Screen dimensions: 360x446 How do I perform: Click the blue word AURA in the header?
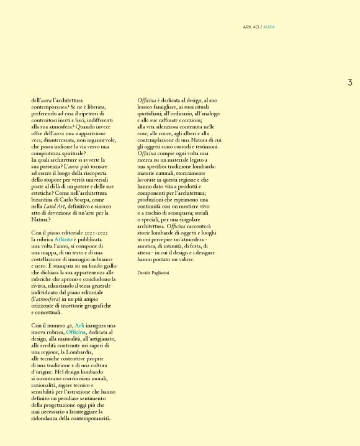click(269, 27)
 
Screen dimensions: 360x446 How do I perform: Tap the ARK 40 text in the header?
click(251, 27)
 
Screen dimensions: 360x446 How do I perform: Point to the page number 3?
click(349, 83)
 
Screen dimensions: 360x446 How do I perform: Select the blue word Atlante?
click(63, 238)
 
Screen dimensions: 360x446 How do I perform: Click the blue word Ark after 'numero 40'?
click(79, 325)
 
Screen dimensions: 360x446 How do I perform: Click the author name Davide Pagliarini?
click(153, 272)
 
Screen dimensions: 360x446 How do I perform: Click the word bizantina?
click(43, 199)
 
